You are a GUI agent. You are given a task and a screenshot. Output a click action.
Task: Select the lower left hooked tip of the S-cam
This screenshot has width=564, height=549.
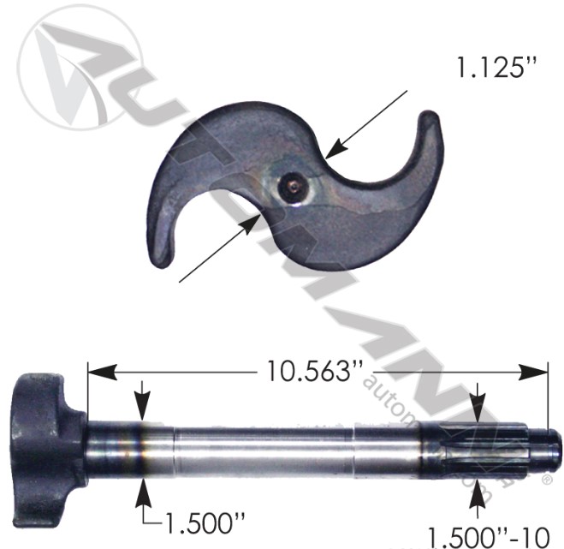163,253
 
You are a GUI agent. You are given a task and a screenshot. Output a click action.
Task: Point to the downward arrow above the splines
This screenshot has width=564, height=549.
478,412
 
